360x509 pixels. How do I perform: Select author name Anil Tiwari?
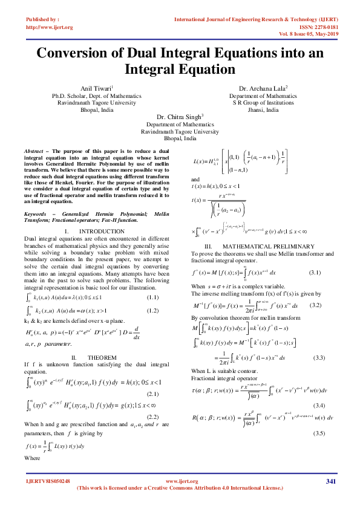click(95, 88)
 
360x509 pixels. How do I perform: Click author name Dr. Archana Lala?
click(263, 88)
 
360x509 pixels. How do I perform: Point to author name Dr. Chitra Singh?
click(180, 117)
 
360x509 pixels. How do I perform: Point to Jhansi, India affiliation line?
click(263, 110)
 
